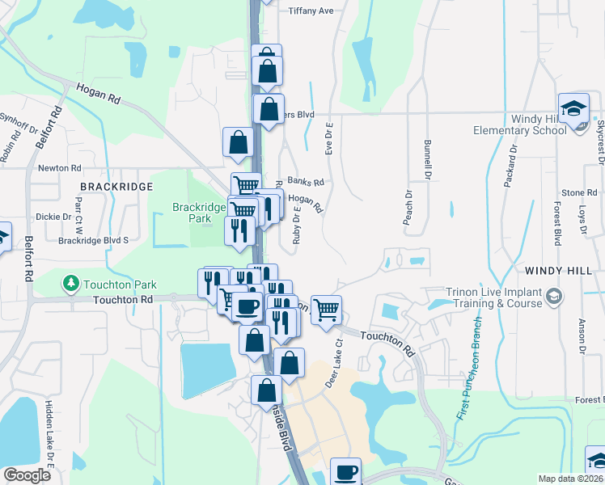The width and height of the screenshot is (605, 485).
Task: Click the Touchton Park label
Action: tap(120, 285)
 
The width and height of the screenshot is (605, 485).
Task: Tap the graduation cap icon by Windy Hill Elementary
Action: tap(573, 109)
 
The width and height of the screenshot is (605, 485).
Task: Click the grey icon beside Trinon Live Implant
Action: tap(554, 297)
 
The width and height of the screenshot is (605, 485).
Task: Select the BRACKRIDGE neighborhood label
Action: tap(114, 187)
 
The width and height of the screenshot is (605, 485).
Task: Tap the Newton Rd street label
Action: tap(60, 168)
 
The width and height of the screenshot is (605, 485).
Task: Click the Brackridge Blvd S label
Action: tap(94, 240)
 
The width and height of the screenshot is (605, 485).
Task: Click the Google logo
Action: tap(27, 475)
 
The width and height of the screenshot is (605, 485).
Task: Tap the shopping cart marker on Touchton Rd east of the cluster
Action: tap(326, 308)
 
